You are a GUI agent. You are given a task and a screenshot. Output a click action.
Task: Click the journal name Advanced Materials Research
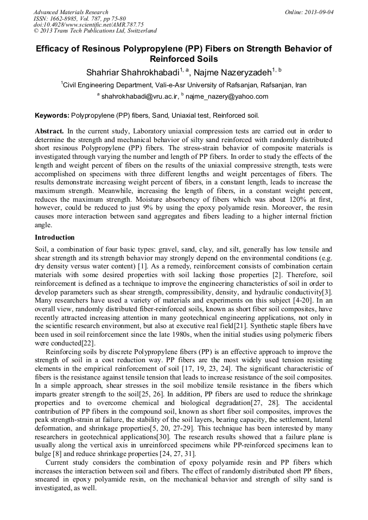click(71, 12)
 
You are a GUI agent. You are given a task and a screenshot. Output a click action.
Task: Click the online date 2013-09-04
click(318, 12)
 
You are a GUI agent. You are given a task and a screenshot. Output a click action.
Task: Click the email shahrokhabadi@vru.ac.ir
click(139, 97)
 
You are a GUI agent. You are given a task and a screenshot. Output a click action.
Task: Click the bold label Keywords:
click(52, 115)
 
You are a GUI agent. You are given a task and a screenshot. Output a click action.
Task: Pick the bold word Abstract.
click(50, 131)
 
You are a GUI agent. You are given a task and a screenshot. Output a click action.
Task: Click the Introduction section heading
click(55, 237)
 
